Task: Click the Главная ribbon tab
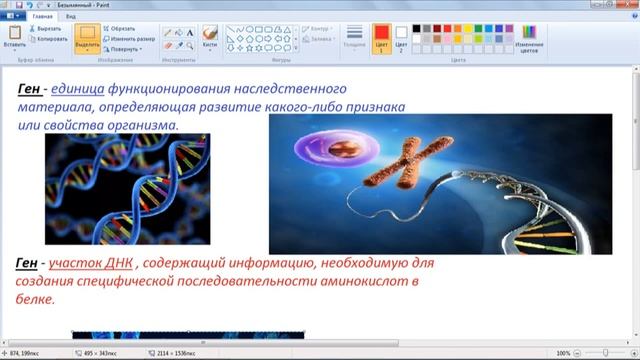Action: pyautogui.click(x=43, y=17)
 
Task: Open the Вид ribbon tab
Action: pyautogui.click(x=71, y=17)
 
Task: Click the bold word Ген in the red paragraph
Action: pyautogui.click(x=28, y=263)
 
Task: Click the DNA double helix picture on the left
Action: pyautogui.click(x=127, y=189)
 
